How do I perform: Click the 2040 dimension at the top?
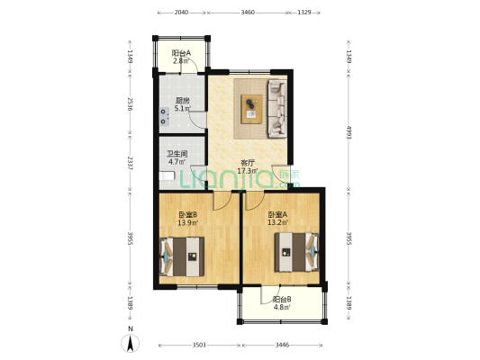(181, 13)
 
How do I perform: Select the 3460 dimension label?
(248, 13)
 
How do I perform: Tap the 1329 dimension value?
(304, 13)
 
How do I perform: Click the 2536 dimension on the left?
(130, 104)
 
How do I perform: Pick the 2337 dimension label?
(130, 164)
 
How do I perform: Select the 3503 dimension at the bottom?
(199, 346)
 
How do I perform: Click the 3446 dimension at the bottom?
(282, 346)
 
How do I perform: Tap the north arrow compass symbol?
(131, 343)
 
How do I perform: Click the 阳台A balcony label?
(181, 53)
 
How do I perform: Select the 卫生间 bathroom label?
(177, 154)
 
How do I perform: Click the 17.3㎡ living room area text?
(248, 171)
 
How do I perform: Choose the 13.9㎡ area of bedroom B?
(187, 222)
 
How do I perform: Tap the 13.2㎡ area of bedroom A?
(277, 222)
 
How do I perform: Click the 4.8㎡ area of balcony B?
(282, 307)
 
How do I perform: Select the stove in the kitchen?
(165, 117)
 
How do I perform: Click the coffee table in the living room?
(251, 109)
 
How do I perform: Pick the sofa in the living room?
(277, 109)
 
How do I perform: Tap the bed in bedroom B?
(182, 256)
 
